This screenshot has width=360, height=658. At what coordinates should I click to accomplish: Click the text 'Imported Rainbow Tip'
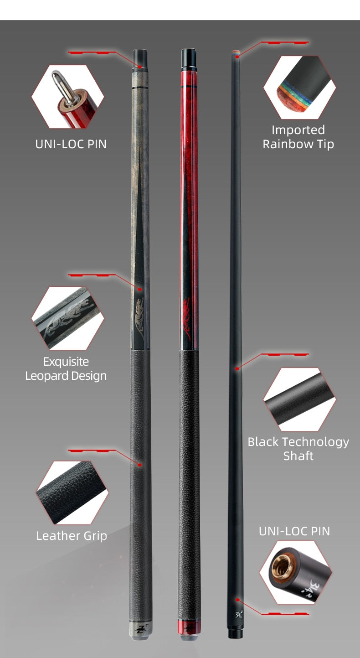point(298,137)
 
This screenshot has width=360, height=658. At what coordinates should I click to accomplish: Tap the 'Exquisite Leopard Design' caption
point(66,368)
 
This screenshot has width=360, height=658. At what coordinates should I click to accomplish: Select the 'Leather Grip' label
point(72,535)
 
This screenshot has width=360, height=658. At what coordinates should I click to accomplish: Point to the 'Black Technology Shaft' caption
point(298,448)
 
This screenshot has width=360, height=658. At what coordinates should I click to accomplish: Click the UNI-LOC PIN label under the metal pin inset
point(71,144)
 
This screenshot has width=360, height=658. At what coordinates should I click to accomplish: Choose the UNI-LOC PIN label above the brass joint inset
point(294,531)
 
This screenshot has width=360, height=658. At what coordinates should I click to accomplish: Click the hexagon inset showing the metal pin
point(68,96)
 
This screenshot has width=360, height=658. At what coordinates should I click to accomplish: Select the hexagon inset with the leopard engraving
point(67,318)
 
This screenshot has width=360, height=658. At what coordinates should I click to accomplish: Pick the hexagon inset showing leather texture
point(72,492)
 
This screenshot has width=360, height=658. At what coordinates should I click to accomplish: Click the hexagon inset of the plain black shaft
point(299,399)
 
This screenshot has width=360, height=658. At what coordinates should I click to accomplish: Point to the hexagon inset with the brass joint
point(296,572)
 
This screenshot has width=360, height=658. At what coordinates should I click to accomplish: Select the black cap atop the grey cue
point(139,58)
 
